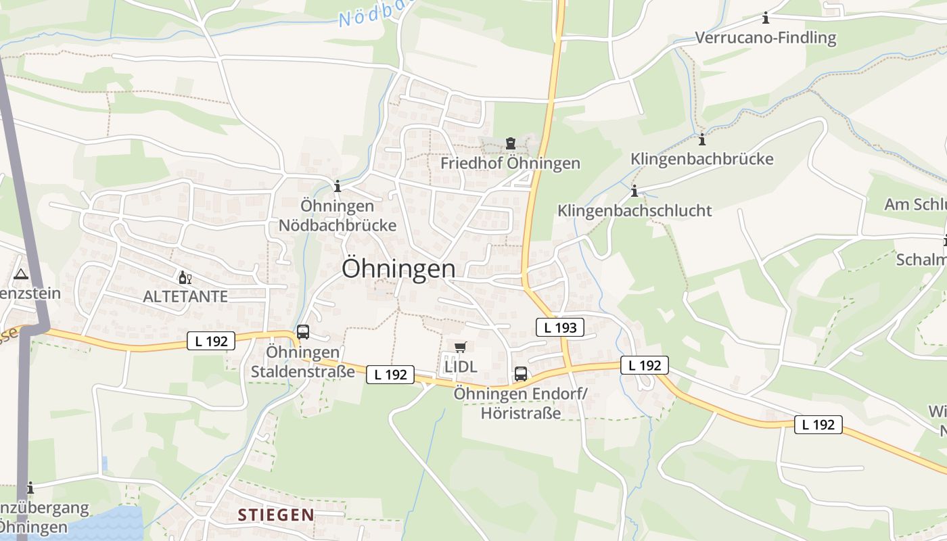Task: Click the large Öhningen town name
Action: pos(398,268)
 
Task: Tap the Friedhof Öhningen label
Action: pos(510,163)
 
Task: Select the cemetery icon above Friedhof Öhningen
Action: pos(510,143)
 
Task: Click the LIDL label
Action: pos(461,367)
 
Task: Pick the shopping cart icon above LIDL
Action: pos(461,347)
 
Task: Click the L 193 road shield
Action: pos(560,327)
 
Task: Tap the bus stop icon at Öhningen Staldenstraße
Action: pos(303,332)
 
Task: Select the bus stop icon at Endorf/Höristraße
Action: pos(521,373)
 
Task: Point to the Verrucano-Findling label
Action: pos(766,37)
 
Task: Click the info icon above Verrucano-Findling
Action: pos(766,18)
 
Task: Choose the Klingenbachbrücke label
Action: pos(702,159)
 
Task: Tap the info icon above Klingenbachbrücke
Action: pos(702,140)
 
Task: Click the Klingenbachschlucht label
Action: pos(634,210)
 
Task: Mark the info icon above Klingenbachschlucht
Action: pos(634,191)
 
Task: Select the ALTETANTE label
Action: pos(185,296)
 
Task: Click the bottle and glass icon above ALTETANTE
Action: pos(185,277)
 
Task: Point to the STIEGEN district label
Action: pos(276,515)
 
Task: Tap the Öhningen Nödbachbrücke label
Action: pos(338,215)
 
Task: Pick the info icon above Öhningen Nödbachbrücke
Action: pos(338,186)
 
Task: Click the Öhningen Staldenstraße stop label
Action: pos(303,362)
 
